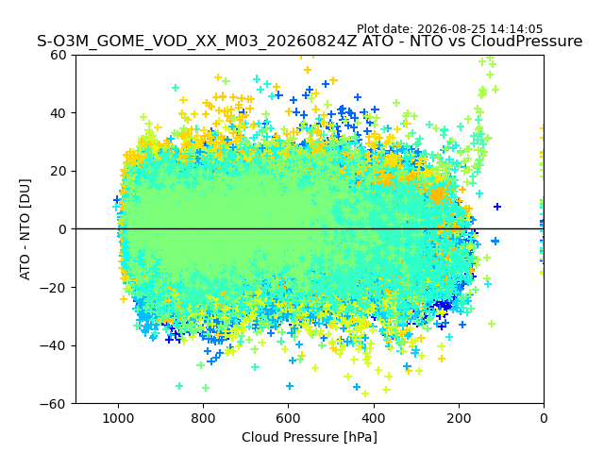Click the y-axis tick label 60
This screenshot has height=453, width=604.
[x=59, y=55]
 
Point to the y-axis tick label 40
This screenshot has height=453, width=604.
[x=59, y=113]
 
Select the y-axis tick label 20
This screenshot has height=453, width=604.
[x=59, y=172]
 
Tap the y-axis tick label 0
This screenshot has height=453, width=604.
[x=62, y=229]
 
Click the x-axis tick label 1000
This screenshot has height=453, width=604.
[x=118, y=418]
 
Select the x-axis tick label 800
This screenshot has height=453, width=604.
[x=204, y=418]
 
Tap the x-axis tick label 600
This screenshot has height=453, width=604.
[x=289, y=418]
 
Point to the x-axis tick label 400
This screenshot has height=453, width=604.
[x=374, y=418]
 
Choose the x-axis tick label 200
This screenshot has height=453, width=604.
[x=459, y=418]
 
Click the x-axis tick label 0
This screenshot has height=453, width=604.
[x=544, y=418]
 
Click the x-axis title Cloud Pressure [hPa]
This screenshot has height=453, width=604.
[x=310, y=438]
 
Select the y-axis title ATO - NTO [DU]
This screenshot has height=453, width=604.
[x=25, y=229]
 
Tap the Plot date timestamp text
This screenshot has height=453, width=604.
[x=449, y=29]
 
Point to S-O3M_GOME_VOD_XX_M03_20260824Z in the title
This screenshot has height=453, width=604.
[x=197, y=42]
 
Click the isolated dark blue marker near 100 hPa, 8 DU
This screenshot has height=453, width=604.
[x=497, y=207]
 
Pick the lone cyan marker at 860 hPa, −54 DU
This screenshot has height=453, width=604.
[x=179, y=386]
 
